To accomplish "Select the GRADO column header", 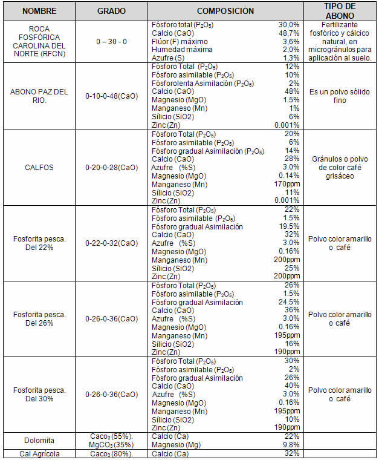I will [112, 11].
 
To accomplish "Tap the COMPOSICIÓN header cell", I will [225, 11].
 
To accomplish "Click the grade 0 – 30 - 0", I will [112, 41].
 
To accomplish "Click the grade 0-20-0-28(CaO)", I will [112, 167].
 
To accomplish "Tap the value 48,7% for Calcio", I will [290, 33].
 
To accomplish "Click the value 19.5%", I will [288, 226].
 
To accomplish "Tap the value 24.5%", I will [288, 302].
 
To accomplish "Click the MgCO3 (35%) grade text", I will [112, 445].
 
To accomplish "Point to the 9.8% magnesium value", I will [291, 445].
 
